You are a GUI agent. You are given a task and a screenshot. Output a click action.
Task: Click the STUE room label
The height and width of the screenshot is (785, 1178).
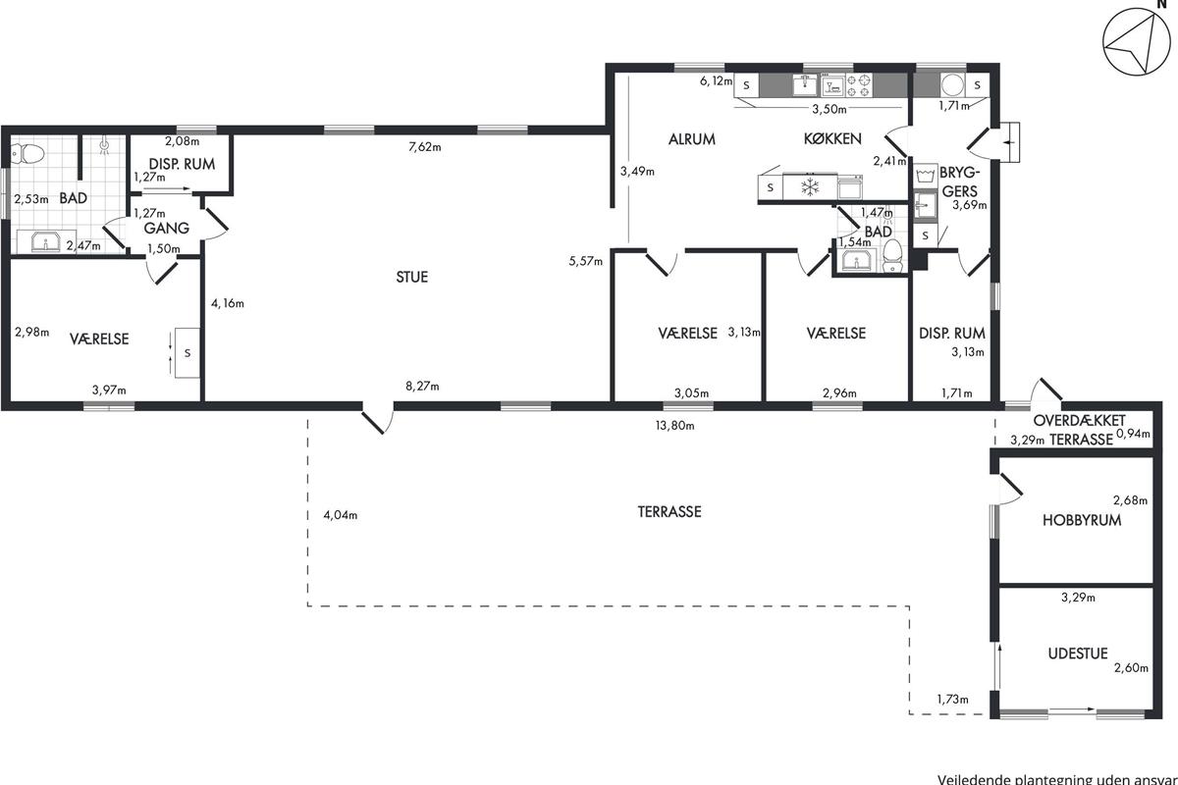pyautogui.click(x=412, y=277)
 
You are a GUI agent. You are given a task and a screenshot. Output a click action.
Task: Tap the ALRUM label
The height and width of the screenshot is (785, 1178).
pyautogui.click(x=692, y=139)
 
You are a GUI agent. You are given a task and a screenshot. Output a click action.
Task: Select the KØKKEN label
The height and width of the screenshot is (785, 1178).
pyautogui.click(x=832, y=139)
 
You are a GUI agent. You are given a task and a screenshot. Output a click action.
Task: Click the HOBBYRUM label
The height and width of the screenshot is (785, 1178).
pyautogui.click(x=1082, y=521)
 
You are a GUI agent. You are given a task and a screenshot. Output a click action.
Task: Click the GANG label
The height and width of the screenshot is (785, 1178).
pyautogui.click(x=166, y=228)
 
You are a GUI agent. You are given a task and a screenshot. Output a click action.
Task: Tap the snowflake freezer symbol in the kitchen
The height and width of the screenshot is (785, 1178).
pyautogui.click(x=811, y=185)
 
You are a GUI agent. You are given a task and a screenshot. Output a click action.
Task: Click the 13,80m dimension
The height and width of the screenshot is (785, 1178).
pyautogui.click(x=674, y=425)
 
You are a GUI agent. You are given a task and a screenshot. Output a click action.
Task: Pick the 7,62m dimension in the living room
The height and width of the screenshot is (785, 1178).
pyautogui.click(x=425, y=148)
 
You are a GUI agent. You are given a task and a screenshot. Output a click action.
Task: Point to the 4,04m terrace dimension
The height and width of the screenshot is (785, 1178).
pyautogui.click(x=340, y=515)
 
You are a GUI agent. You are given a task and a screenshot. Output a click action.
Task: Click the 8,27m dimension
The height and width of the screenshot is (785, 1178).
pyautogui.click(x=422, y=387)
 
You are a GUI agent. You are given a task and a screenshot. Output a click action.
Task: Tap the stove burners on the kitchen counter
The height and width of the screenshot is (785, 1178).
pyautogui.click(x=860, y=84)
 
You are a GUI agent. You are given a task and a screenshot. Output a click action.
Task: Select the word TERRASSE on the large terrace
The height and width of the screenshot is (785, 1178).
pyautogui.click(x=669, y=511)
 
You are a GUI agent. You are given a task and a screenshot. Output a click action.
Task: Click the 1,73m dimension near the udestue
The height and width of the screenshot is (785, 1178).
pyautogui.click(x=951, y=700)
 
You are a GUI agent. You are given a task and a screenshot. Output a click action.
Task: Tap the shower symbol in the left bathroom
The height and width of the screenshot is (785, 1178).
pyautogui.click(x=104, y=146)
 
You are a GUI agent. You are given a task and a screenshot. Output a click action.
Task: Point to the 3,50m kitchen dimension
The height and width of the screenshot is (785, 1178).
pyautogui.click(x=830, y=109)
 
